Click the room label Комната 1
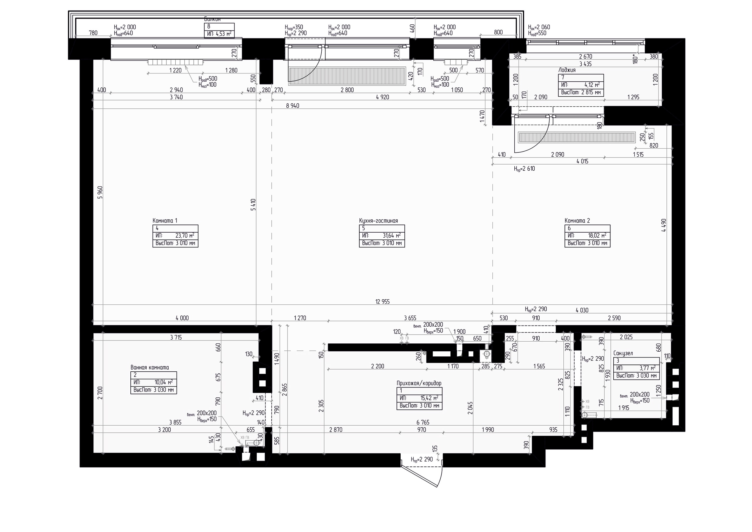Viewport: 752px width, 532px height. click(x=165, y=221)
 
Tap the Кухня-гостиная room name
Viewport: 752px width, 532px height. click(x=378, y=221)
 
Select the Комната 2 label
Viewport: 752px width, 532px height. click(x=577, y=221)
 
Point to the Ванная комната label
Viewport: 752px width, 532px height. click(x=150, y=367)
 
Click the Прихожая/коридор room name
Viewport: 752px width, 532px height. click(x=419, y=383)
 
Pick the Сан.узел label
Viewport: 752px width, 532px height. click(x=623, y=353)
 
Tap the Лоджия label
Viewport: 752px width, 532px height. click(x=567, y=70)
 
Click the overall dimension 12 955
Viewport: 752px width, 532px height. click(x=382, y=302)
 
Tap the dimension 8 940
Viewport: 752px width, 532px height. click(x=293, y=106)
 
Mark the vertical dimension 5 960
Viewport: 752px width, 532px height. click(x=100, y=193)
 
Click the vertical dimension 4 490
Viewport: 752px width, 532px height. click(x=664, y=225)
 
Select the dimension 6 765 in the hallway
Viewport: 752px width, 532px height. click(x=422, y=423)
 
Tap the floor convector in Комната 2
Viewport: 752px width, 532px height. click(x=577, y=137)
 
